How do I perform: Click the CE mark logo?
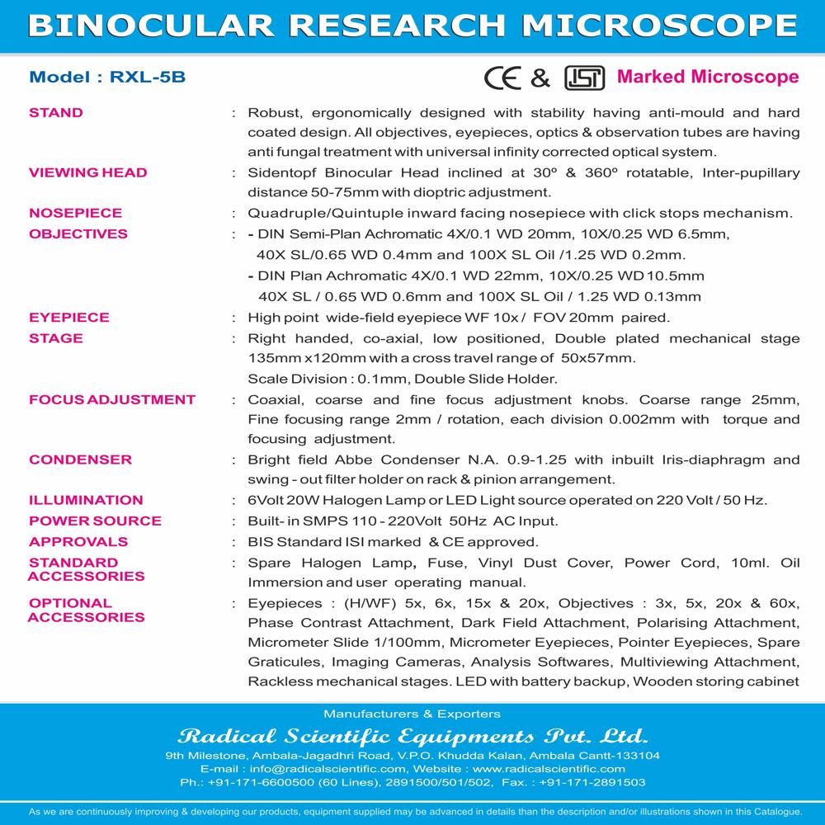[x=503, y=78]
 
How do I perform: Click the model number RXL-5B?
[x=142, y=78]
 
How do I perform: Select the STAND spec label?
[x=56, y=112]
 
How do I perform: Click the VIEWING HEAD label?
[x=88, y=172]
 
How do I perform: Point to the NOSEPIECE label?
[x=75, y=213]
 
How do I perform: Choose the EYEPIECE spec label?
[x=69, y=318]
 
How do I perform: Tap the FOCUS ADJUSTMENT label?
[x=112, y=399]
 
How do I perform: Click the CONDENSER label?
[x=80, y=460]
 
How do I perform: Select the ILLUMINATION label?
[x=86, y=500]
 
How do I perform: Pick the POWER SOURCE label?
[x=95, y=521]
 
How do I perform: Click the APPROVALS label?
[x=78, y=541]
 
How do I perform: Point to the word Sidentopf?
[x=285, y=172]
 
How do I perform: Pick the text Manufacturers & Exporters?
[x=412, y=714]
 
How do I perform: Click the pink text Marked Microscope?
[x=708, y=78]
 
